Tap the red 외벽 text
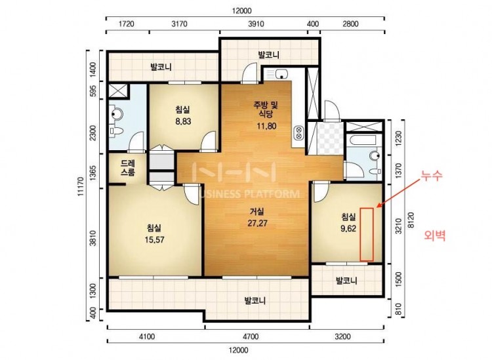coord(434,235)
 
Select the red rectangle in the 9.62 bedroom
coord(367,234)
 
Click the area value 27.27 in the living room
coord(258,223)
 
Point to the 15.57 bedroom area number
coord(154,240)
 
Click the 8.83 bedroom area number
coord(183,121)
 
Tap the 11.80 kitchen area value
coord(266,126)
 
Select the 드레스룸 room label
coord(128,167)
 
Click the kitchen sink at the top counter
coord(282,74)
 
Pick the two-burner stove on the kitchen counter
coord(298,132)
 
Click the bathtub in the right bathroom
coord(363,140)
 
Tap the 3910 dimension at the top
coord(256,24)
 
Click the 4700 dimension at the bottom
coord(251,337)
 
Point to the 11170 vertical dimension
coord(81,187)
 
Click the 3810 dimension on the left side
coord(92,238)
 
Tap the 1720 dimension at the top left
coord(127,24)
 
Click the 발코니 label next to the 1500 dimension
coord(346,281)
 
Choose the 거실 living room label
coord(256,212)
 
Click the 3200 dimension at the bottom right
coord(342,337)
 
